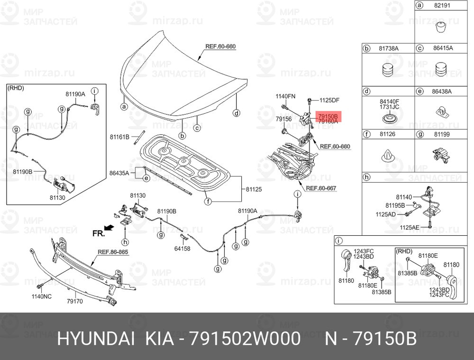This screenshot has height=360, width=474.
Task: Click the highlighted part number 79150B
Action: (328, 116)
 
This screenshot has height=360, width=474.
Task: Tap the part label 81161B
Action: (119, 137)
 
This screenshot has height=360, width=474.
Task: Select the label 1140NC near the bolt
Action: (41, 296)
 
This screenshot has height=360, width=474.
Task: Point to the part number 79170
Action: (75, 301)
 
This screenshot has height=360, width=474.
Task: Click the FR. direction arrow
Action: (109, 228)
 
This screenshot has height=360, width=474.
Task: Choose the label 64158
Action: (182, 249)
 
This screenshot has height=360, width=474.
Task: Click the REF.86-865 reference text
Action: (113, 252)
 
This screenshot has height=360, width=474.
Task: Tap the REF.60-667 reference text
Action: (321, 188)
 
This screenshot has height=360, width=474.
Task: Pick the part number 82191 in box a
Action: (442, 5)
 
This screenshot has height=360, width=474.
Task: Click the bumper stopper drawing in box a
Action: (442, 28)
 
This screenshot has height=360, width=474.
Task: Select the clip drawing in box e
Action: (443, 111)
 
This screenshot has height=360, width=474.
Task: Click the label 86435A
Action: (119, 173)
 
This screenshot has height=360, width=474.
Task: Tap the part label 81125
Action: (254, 189)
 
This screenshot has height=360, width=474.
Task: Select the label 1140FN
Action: (285, 96)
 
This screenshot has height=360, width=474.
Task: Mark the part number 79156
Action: (283, 119)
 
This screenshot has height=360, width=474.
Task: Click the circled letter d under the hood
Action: (237, 113)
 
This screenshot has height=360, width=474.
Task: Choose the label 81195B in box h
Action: (395, 205)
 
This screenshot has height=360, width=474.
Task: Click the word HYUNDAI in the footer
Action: (96, 339)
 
